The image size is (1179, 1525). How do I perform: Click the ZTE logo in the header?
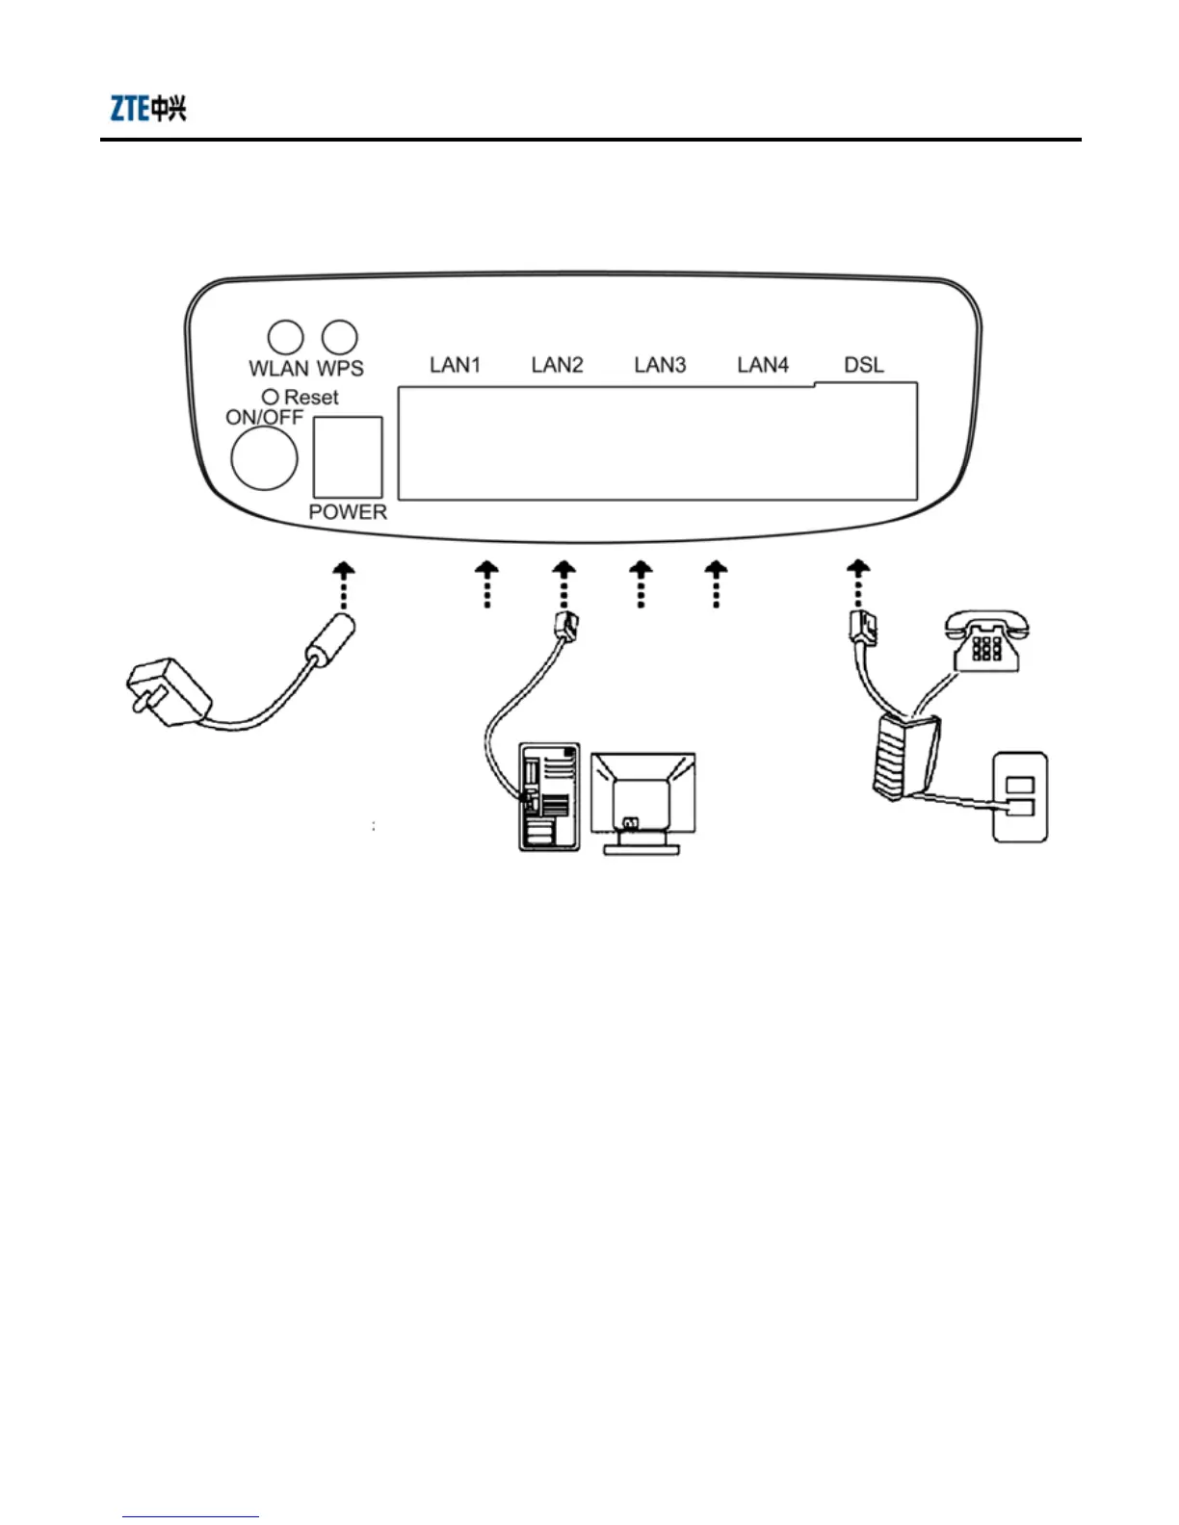pos(147,108)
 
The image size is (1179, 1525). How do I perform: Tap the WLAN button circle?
pos(285,337)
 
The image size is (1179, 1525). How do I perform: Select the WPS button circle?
pos(339,337)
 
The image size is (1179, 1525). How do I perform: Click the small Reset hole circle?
pos(271,397)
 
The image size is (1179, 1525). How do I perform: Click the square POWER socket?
pos(348,456)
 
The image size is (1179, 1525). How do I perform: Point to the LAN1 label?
pos(455,365)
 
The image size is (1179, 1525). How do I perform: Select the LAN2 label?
pos(557,365)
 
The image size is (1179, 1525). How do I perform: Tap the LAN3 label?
pos(660,365)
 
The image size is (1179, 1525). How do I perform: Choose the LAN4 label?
pos(763,365)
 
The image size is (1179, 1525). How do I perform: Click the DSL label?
pos(864,365)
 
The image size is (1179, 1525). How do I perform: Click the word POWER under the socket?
pos(348,512)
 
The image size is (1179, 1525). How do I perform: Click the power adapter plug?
pos(168,691)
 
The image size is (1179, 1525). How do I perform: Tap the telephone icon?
pos(985,639)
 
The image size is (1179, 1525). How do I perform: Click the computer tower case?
pos(549,796)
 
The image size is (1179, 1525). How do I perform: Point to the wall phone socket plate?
pos(1020,798)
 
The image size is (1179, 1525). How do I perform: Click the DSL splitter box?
pos(906,757)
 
